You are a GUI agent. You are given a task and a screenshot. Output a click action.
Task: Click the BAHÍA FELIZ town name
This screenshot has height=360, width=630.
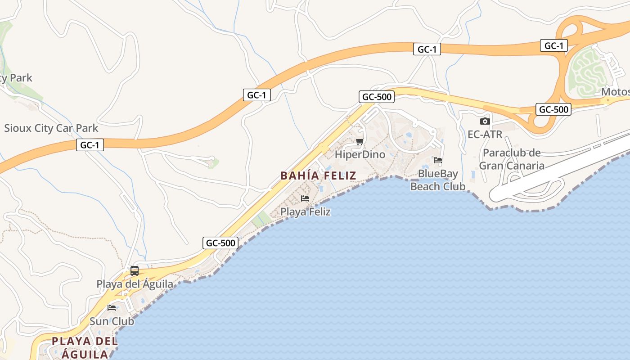click(x=318, y=175)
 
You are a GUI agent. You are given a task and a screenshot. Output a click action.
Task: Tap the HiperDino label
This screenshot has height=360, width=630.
click(x=360, y=154)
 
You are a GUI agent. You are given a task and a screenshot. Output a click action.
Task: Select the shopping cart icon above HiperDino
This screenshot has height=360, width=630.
click(x=360, y=142)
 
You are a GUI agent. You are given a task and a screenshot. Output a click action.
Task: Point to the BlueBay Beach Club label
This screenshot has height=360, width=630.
click(x=438, y=180)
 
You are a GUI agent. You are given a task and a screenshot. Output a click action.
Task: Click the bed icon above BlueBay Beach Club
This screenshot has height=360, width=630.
click(x=438, y=160)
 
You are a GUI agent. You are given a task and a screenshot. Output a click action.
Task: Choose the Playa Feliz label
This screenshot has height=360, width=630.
click(x=306, y=211)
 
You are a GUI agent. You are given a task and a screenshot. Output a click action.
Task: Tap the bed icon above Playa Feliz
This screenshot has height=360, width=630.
click(x=305, y=198)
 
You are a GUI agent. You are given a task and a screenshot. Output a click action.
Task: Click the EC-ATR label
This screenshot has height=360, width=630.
click(x=485, y=134)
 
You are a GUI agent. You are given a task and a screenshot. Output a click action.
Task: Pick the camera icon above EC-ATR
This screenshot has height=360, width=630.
click(x=485, y=121)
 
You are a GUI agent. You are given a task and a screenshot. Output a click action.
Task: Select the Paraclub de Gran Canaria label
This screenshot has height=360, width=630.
click(x=512, y=159)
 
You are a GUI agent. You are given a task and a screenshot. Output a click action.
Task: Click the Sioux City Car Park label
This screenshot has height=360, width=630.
click(x=51, y=128)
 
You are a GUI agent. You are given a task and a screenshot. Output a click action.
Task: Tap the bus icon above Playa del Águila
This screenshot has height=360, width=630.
click(x=135, y=271)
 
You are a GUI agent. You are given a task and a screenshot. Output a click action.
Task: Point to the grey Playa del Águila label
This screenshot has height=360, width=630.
click(x=135, y=284)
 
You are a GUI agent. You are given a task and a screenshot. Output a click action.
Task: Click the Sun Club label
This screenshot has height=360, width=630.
click(x=112, y=321)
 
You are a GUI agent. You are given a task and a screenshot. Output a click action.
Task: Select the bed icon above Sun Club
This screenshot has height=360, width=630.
click(x=112, y=308)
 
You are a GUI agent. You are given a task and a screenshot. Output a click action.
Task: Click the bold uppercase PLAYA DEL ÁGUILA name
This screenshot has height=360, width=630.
click(x=85, y=347)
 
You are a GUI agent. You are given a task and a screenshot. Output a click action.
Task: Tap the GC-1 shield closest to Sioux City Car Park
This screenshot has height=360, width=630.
click(x=90, y=145)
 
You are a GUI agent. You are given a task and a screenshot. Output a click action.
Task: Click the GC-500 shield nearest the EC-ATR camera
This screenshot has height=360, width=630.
click(x=553, y=109)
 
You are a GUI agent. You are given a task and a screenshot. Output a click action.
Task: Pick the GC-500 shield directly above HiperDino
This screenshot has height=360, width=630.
click(x=377, y=97)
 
